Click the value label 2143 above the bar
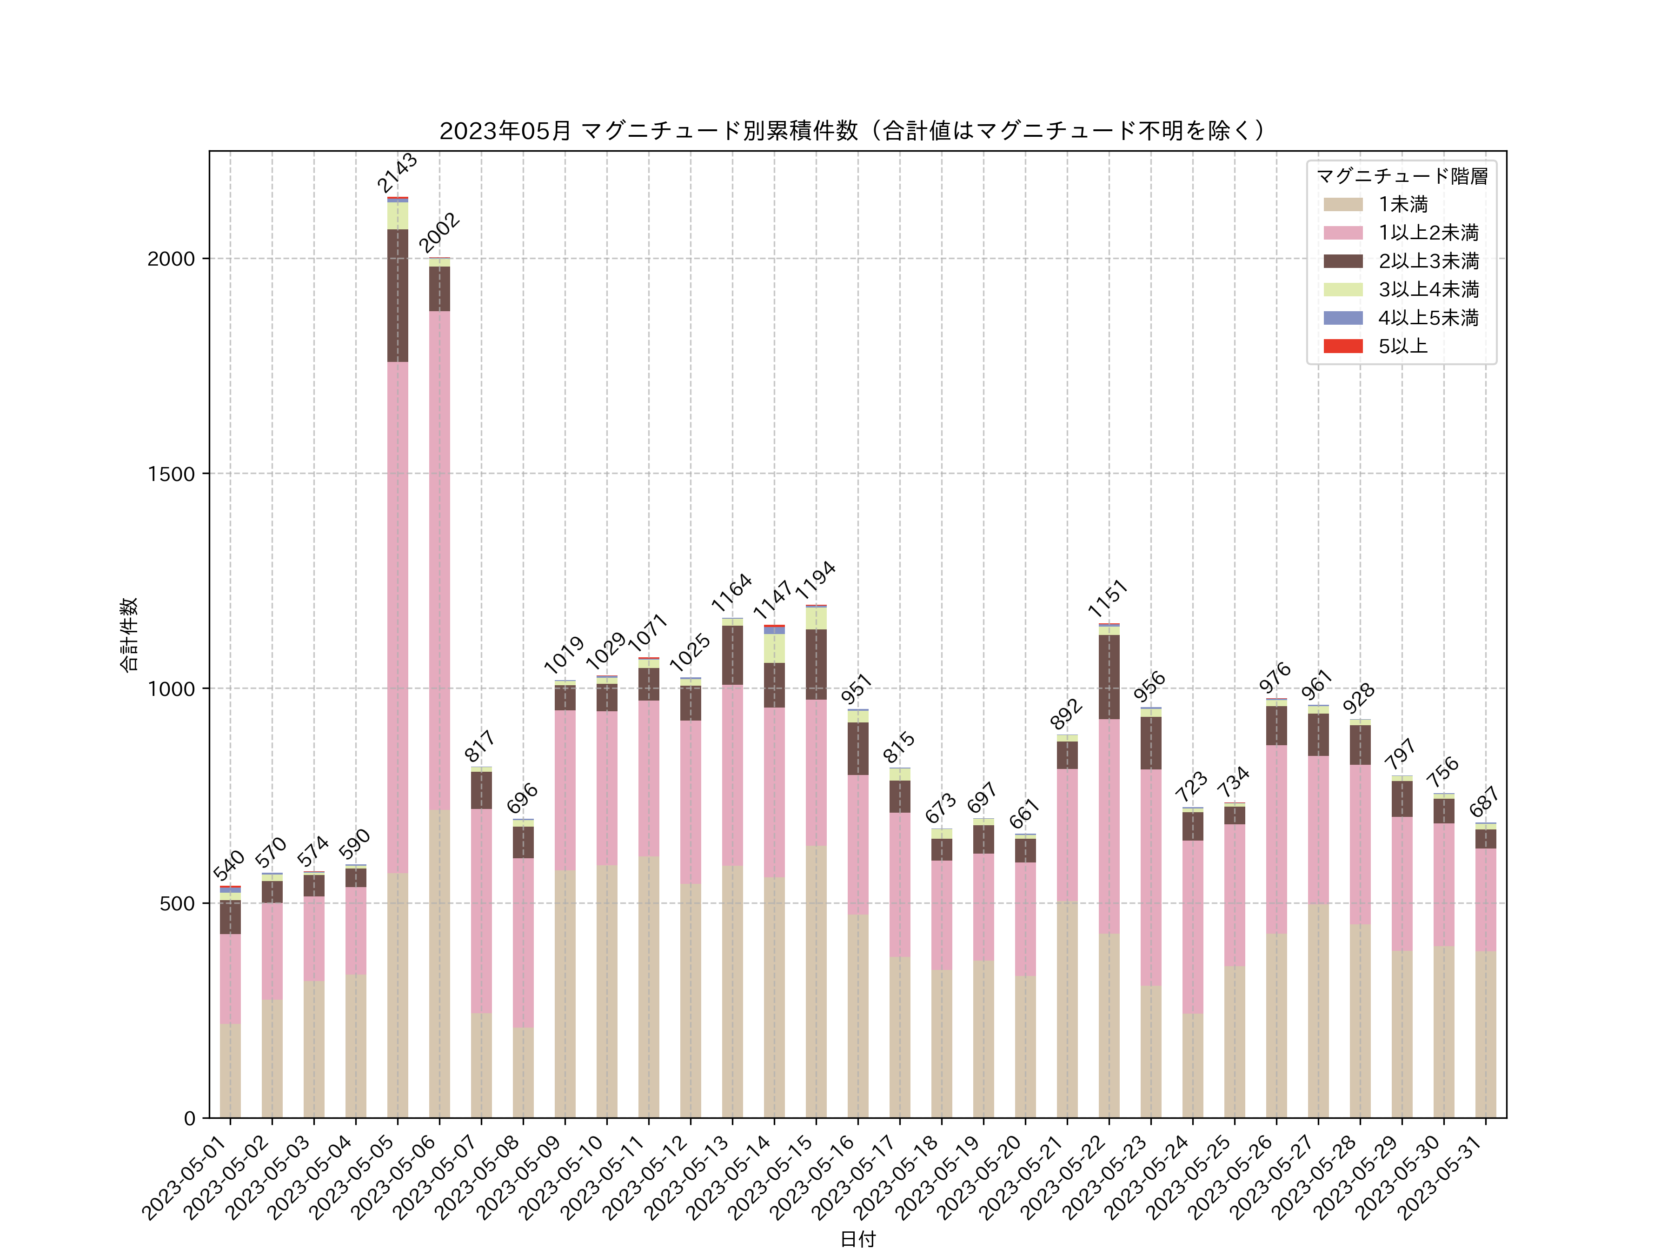[x=397, y=173]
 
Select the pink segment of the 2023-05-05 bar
[x=397, y=617]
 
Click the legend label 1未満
[x=1402, y=204]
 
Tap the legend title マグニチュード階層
[x=1402, y=176]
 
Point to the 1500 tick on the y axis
[x=171, y=474]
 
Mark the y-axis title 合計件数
[x=129, y=635]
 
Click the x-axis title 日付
[x=857, y=1239]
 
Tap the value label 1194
[x=815, y=581]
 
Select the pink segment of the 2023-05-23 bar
[x=1150, y=877]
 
